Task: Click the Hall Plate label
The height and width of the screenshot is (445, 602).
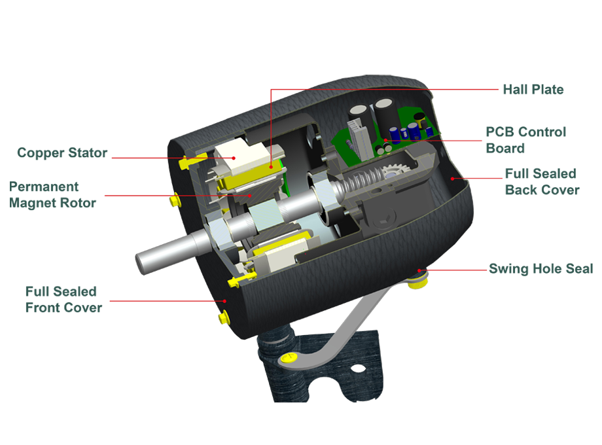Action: [x=533, y=90]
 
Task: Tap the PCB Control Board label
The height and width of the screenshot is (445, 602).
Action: [x=525, y=140]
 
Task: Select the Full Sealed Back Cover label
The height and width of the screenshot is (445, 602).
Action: [x=542, y=182]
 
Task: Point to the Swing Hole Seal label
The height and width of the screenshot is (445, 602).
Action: [x=540, y=268]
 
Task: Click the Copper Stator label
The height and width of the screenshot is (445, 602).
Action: [x=62, y=153]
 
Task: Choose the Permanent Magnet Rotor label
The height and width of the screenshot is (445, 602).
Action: [x=52, y=194]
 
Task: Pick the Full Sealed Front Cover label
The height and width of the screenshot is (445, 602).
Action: [x=63, y=300]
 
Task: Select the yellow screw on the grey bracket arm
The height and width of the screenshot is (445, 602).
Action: [x=289, y=358]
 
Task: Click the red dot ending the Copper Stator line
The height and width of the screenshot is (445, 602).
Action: [x=234, y=158]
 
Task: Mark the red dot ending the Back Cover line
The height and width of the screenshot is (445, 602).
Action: [x=453, y=179]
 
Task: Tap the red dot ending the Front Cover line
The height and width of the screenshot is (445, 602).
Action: [x=225, y=302]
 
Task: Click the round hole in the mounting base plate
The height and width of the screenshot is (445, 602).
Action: [x=358, y=369]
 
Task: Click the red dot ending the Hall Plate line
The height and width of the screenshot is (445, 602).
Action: [x=271, y=167]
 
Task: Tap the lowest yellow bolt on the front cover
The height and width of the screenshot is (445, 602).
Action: [x=223, y=318]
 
